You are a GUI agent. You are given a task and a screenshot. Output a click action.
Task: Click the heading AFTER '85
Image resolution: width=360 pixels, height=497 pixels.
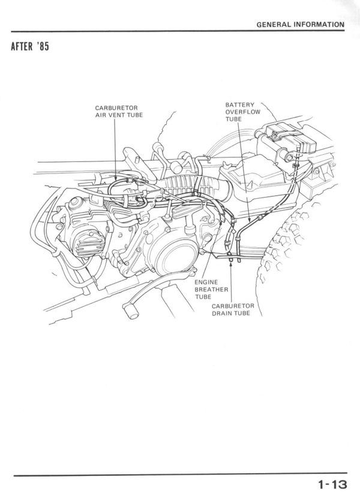coord(29,47)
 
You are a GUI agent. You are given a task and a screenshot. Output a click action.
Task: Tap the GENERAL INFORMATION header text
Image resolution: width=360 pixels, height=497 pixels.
coord(300,25)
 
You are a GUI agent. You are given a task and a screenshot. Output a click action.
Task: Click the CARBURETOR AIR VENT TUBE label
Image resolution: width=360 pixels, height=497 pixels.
coord(119,112)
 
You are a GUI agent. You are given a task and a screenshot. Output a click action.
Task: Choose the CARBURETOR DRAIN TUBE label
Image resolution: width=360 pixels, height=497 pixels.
coord(233,309)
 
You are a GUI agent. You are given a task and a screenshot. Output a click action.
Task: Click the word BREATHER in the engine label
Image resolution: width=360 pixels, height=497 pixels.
coord(211,289)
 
